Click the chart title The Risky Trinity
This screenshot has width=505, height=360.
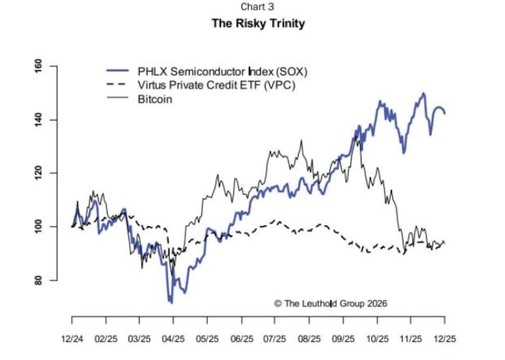click(x=258, y=24)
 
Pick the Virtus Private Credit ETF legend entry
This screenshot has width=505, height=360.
click(x=216, y=85)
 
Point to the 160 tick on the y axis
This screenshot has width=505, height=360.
click(x=39, y=66)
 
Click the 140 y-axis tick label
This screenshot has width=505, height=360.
click(x=39, y=119)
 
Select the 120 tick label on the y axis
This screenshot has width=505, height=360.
click(x=39, y=173)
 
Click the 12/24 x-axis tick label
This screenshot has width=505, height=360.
click(x=72, y=336)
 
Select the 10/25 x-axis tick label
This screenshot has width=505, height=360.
click(x=377, y=336)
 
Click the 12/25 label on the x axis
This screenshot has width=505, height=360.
click(x=444, y=336)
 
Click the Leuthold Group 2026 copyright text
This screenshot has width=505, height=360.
click(x=331, y=303)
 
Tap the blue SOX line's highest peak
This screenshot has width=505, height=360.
click(x=423, y=93)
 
